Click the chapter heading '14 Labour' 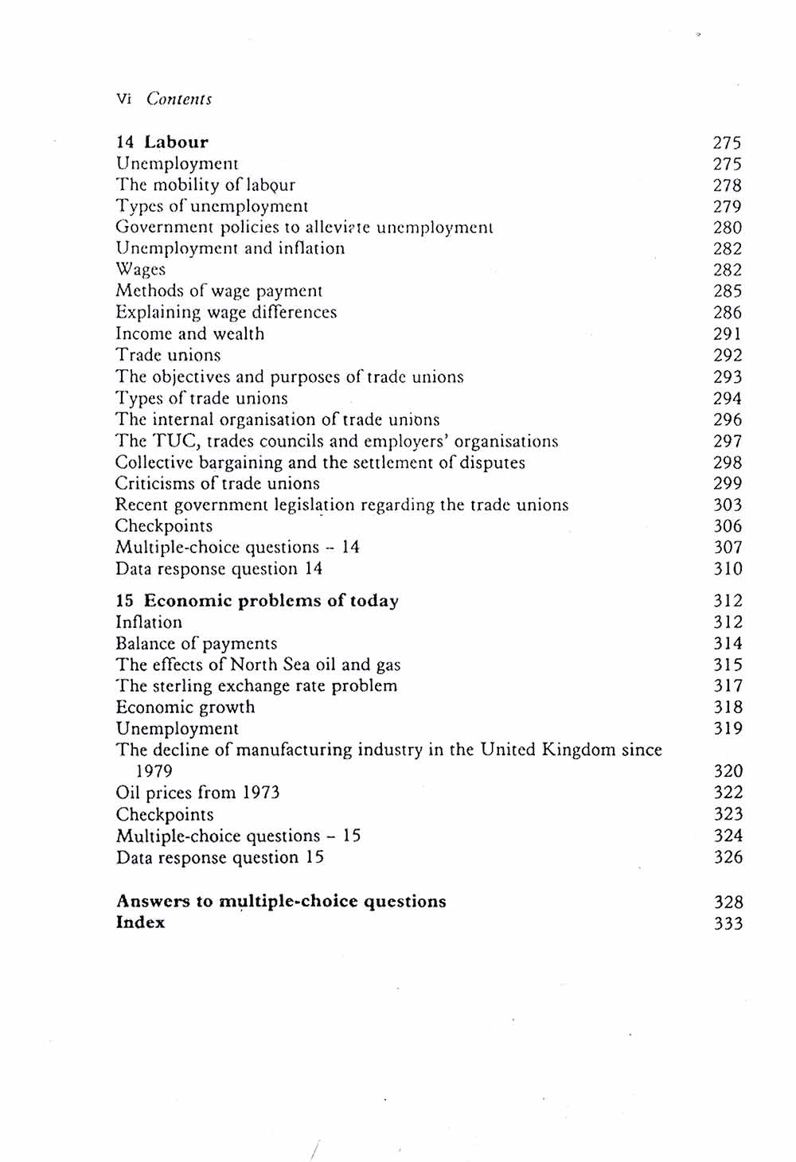click(162, 142)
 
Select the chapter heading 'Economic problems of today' click(271, 601)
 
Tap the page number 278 click(727, 185)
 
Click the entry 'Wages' click(140, 270)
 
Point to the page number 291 click(727, 334)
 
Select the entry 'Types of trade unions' click(201, 399)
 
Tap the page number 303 click(727, 505)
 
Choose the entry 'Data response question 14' click(219, 569)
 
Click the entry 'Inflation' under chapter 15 click(149, 622)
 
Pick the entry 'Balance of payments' click(197, 644)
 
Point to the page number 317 click(727, 686)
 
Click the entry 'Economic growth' click(185, 708)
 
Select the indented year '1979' click(154, 771)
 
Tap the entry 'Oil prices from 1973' click(197, 793)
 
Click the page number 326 click(727, 858)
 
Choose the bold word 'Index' click(140, 923)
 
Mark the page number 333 click(727, 924)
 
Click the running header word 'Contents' click(179, 99)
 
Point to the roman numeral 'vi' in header click(123, 99)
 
